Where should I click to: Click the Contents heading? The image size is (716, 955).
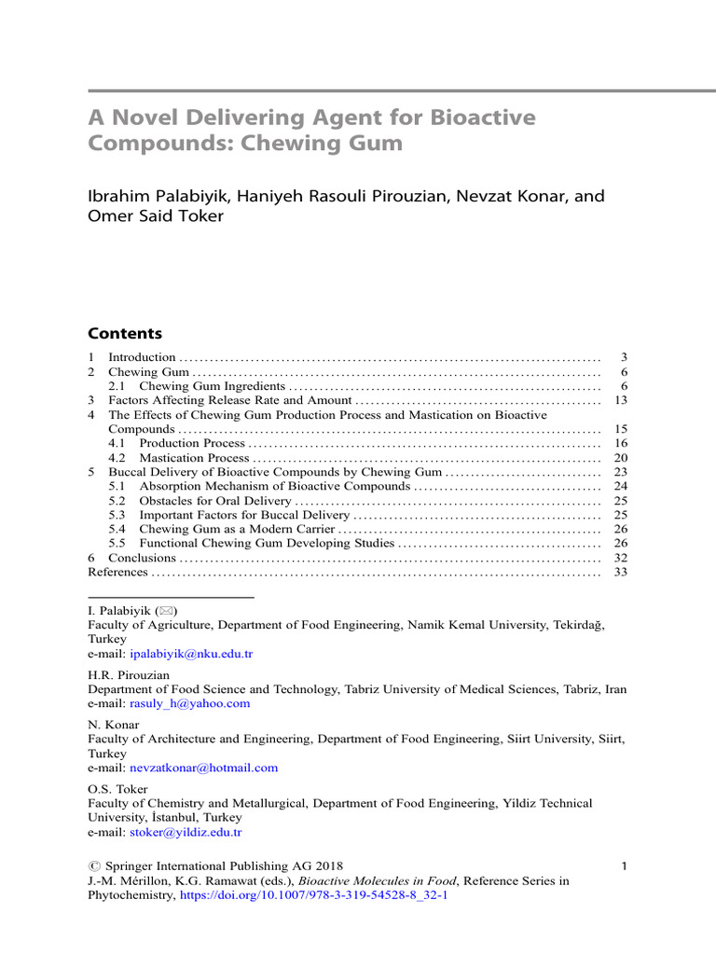[124, 333]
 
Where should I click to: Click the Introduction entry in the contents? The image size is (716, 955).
[142, 357]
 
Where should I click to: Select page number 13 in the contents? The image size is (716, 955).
[621, 400]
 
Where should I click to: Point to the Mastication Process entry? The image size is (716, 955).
[194, 458]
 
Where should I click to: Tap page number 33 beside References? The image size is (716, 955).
[621, 572]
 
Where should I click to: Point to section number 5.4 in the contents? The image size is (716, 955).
[117, 529]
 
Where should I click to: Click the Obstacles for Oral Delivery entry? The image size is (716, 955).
[214, 501]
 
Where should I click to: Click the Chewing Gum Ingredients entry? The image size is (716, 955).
[212, 386]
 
